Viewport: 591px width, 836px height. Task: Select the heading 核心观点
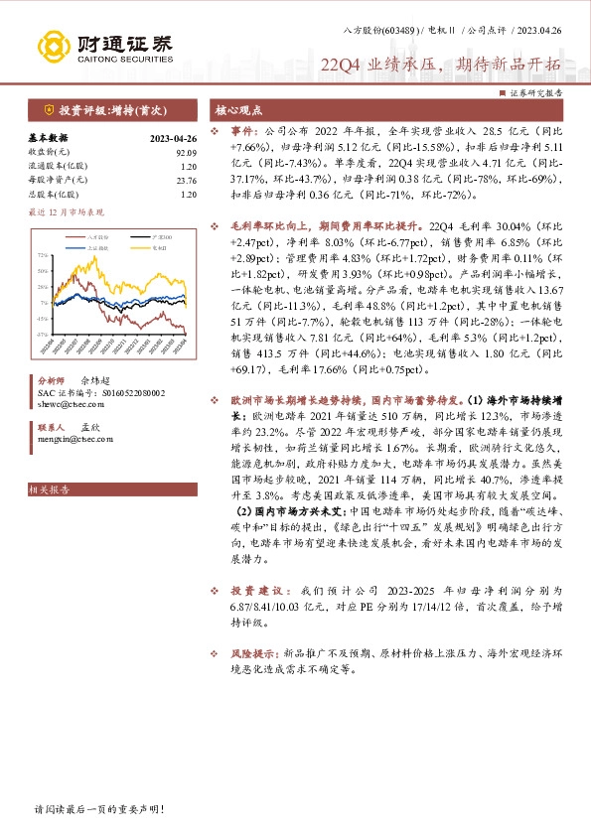tap(239, 111)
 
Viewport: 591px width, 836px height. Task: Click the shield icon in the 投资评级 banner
tap(49, 110)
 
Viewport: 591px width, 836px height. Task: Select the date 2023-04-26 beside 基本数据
tap(172, 139)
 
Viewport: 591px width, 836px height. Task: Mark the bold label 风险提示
tap(254, 655)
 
